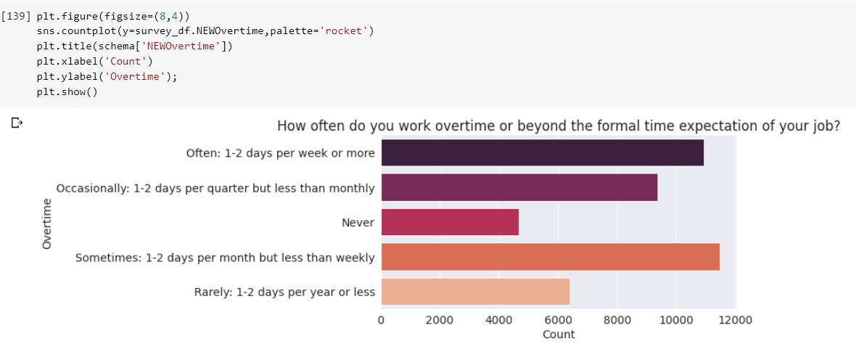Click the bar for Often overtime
tap(542, 152)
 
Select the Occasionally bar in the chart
tap(519, 187)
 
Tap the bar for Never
tap(450, 222)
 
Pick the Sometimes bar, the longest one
tap(550, 257)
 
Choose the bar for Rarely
tap(475, 292)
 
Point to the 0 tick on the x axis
tap(381, 319)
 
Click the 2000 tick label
tap(440, 319)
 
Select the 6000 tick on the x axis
tap(558, 319)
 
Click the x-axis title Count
tap(558, 335)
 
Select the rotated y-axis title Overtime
tap(47, 224)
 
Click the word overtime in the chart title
tap(458, 126)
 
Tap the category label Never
tap(358, 223)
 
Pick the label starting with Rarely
tap(284, 292)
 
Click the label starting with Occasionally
tap(215, 188)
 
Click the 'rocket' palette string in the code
tap(347, 31)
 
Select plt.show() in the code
tap(67, 92)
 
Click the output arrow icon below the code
tap(17, 123)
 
